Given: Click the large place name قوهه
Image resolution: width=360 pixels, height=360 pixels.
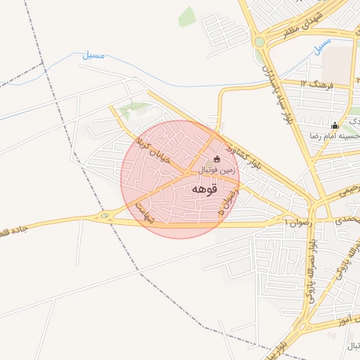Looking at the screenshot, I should click(x=204, y=189).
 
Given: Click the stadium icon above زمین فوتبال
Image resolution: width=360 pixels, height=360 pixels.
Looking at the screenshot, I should click(x=216, y=159).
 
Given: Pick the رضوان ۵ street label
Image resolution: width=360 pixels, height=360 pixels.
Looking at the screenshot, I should click(x=226, y=201).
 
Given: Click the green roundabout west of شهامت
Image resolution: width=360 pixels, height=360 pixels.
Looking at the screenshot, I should click(x=105, y=216).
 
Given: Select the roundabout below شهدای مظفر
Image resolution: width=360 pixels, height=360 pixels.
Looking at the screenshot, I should click(x=259, y=43).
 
